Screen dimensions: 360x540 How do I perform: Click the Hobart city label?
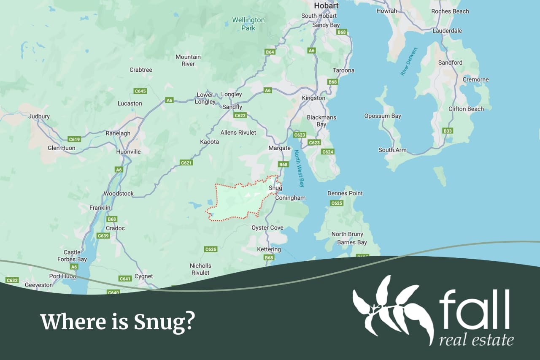coord(326,6)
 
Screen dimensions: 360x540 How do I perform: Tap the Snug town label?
coord(275,188)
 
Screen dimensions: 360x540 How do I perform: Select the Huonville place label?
coord(128,152)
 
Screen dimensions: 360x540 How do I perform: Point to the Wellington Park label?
coord(248,24)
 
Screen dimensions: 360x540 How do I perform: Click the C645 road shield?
coord(140,91)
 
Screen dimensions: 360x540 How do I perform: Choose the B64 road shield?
coord(270,52)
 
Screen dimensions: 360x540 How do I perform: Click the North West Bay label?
coord(299,168)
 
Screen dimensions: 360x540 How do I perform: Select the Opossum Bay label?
coord(383,116)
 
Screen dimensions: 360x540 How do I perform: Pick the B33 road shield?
coord(448,131)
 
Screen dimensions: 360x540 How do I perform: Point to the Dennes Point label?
coord(345,193)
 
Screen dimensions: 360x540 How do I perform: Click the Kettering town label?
coord(269,249)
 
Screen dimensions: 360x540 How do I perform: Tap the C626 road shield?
coord(211,249)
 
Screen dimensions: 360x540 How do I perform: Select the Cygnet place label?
coord(143,276)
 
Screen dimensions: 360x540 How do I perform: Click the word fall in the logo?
coord(474,310)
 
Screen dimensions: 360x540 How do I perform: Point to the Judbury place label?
coord(39,116)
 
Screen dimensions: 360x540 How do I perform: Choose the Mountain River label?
coord(188,60)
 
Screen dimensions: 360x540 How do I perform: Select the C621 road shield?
coord(186,162)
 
